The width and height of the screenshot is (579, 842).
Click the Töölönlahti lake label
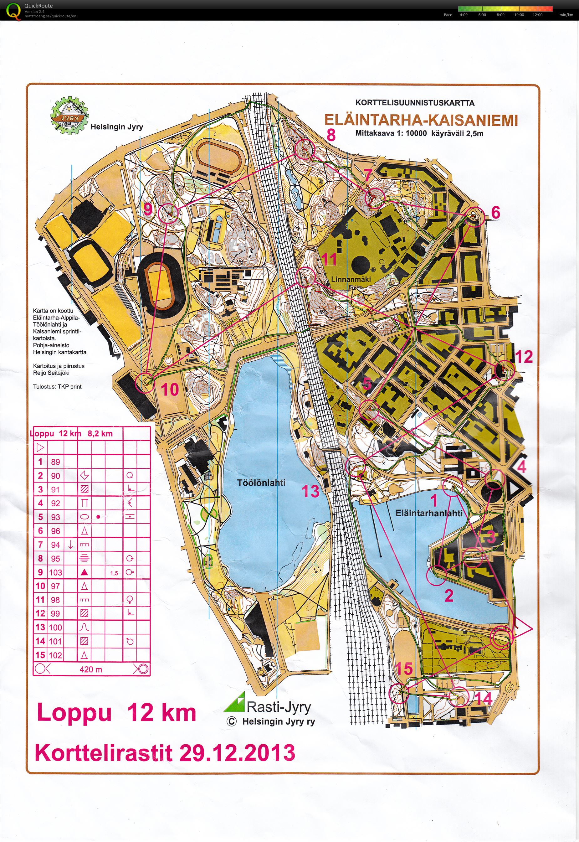tap(261, 483)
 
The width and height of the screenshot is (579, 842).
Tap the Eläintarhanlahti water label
tap(429, 513)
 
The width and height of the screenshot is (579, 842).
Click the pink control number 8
tap(331, 135)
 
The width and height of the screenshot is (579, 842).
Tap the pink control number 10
tap(169, 390)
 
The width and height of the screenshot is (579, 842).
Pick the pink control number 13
tap(310, 491)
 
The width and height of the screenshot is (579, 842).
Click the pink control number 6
tap(495, 212)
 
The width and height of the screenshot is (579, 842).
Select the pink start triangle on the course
tap(522, 628)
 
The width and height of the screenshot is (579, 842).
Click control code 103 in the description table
tap(55, 572)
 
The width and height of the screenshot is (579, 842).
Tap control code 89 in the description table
tap(55, 462)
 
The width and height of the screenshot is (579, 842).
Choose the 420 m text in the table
tap(91, 669)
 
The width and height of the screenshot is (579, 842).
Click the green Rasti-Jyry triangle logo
tap(235, 702)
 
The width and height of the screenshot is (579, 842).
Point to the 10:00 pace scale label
tap(519, 15)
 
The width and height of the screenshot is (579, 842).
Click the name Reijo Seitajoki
tap(51, 373)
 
